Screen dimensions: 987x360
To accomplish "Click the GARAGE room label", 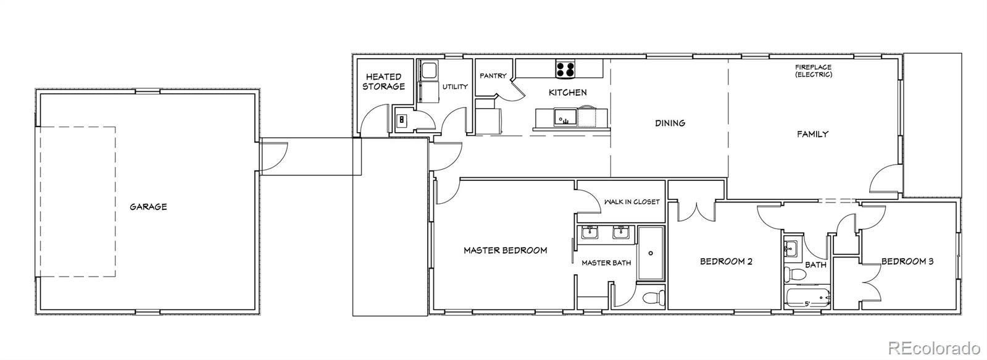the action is point(148,207).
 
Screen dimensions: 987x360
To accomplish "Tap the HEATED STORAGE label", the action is point(384,82).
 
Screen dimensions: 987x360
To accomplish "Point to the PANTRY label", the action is point(493,76).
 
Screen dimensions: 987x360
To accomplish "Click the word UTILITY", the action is point(455,87).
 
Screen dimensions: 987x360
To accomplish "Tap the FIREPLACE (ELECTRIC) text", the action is point(814,71).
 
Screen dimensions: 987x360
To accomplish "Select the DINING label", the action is point(670,123).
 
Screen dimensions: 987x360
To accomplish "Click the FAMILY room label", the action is point(812,134).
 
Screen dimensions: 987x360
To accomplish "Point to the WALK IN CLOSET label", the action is point(631,202).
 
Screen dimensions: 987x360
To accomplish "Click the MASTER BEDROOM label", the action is point(506,250).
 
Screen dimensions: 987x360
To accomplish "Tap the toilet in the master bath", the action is point(654,298).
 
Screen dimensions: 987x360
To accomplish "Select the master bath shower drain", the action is point(651,253).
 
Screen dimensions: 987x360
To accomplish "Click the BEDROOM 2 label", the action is point(726,261).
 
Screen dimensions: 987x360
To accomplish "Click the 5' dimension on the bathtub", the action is point(807,304).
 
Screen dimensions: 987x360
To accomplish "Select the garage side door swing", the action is point(274,156).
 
